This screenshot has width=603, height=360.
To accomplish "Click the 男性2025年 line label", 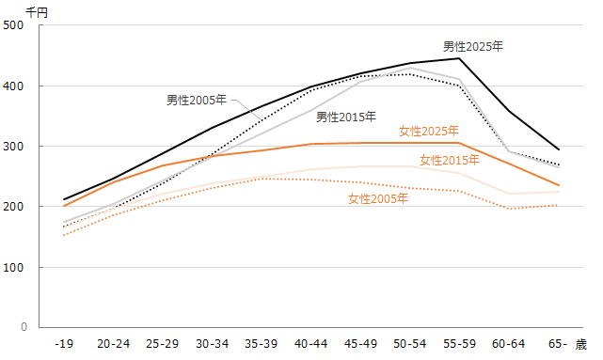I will click(473, 45).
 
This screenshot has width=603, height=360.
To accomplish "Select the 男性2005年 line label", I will click(197, 100).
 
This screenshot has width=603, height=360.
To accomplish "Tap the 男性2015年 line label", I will click(346, 117).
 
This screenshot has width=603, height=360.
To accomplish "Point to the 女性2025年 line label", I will click(428, 131).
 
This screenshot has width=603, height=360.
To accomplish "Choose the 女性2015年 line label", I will click(450, 160).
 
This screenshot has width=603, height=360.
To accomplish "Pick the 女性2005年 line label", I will click(377, 198).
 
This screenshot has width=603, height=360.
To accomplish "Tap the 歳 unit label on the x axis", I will click(581, 345).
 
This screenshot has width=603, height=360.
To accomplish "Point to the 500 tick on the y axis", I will click(15, 25).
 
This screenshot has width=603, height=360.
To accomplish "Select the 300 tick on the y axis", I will click(15, 147).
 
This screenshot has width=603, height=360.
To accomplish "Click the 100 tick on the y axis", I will click(15, 268).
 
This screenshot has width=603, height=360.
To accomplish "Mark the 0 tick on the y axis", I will click(22, 328).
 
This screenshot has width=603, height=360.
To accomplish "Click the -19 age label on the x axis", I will click(64, 345).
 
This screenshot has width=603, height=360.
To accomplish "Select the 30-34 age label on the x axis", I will click(212, 345).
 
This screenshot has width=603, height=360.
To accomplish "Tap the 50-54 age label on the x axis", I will click(409, 345).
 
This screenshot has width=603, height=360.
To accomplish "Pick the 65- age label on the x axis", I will click(556, 345).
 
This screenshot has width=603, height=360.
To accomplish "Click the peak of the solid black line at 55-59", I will click(458, 58).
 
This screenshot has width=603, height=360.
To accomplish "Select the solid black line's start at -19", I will click(64, 200).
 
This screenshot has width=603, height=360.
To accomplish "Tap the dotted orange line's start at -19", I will click(64, 235).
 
